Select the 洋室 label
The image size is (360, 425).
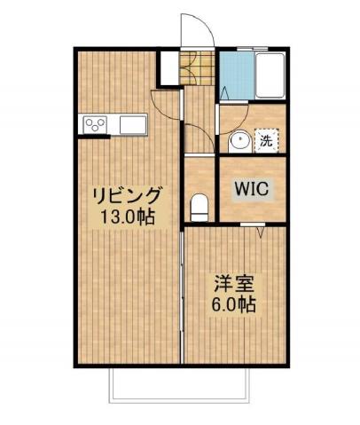233,286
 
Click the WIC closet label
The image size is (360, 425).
252,189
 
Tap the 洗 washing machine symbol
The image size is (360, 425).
266,140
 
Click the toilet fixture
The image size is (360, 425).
200,205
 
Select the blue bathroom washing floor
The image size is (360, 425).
234,76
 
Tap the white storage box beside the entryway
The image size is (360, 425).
168,67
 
